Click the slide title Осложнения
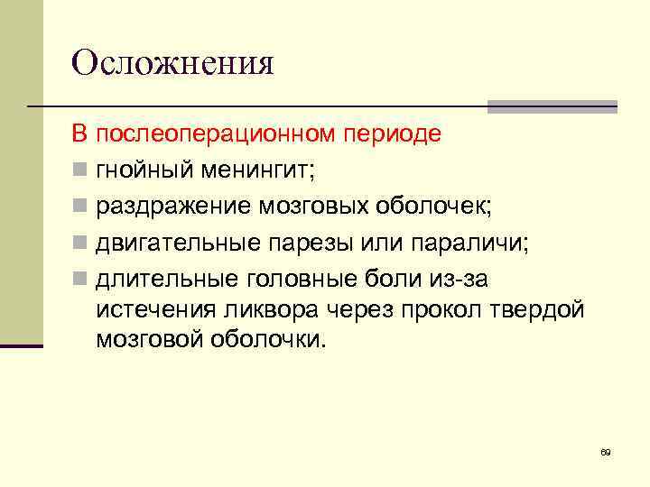click(172, 63)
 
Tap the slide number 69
click(606, 452)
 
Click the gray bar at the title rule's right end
click(552, 106)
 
